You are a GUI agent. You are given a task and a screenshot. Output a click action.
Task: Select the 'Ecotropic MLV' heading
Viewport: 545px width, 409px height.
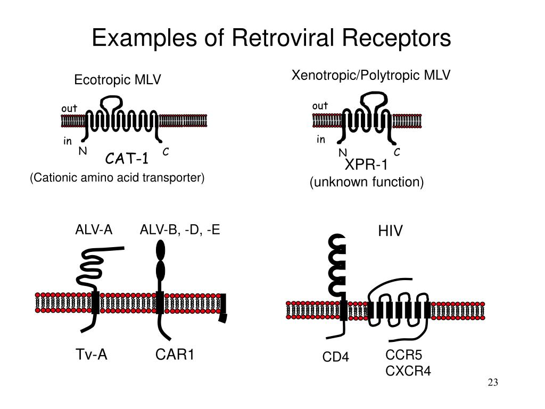point(118,80)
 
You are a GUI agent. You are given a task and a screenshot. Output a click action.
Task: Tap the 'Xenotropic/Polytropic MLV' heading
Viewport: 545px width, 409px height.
point(371,75)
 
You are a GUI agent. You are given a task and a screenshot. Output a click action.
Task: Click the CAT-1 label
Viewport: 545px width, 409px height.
point(127,159)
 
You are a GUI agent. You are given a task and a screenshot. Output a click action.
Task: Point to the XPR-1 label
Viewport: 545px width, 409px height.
point(366,165)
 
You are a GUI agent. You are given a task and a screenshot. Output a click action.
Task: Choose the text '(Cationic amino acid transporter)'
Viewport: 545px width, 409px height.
point(117,177)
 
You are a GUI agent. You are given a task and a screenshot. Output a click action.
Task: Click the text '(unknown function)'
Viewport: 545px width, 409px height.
point(367,182)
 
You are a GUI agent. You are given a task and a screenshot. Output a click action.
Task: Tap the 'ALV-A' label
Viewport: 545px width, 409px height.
point(94,230)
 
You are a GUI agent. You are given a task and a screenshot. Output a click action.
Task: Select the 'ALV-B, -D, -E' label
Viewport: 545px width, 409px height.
point(180,230)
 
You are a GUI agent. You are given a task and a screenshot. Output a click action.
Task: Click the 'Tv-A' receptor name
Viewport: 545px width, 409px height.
point(92,354)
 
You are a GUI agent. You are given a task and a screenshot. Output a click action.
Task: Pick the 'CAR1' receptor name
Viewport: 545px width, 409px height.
point(175,354)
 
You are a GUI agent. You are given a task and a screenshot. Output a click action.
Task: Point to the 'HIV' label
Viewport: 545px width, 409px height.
point(390,231)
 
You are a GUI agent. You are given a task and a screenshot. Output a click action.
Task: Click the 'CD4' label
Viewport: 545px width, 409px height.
point(335,357)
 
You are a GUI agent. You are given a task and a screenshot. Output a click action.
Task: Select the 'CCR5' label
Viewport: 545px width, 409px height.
point(403,355)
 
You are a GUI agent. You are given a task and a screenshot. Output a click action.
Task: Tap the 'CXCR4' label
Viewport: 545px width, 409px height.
point(408,371)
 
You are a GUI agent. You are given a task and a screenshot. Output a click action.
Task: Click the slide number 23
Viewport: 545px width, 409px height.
point(493,382)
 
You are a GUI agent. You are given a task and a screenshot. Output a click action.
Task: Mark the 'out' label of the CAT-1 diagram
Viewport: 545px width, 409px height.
point(69,109)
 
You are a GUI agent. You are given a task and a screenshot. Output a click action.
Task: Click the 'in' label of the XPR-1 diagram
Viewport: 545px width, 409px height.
point(321,140)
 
